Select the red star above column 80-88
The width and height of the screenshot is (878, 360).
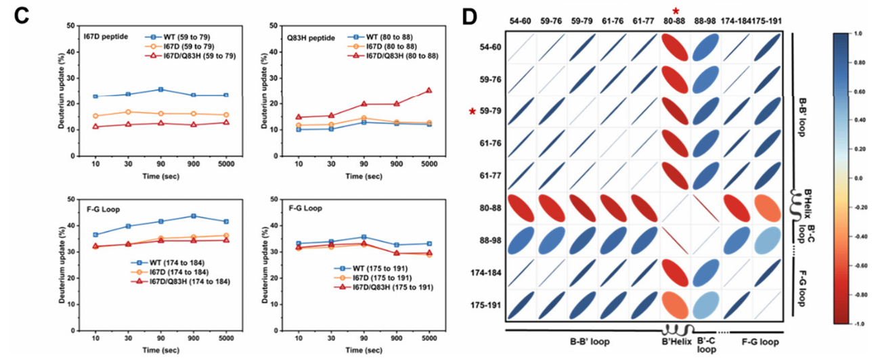click(676, 8)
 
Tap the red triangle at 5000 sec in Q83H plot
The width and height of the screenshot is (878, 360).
click(429, 91)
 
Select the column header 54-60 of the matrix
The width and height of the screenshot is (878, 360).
click(521, 21)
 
